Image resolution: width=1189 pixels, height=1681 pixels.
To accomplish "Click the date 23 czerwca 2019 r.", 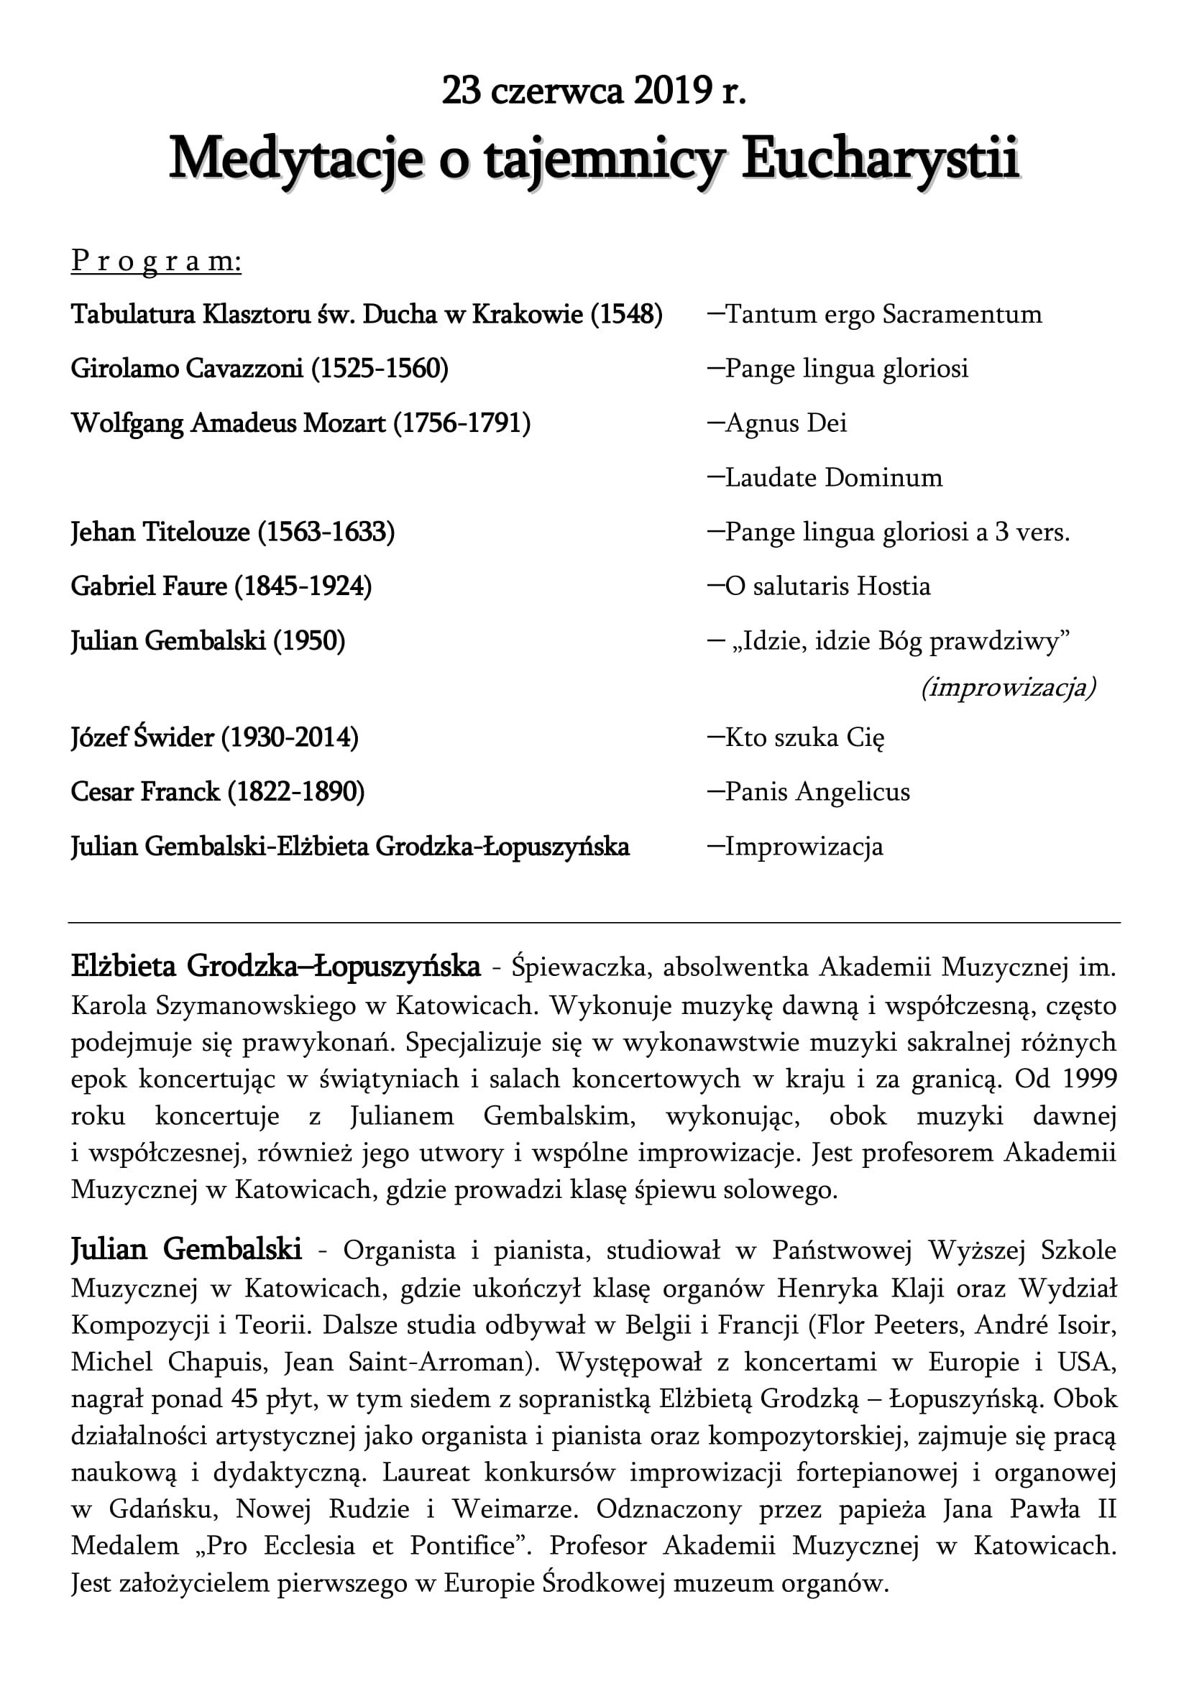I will click(594, 93).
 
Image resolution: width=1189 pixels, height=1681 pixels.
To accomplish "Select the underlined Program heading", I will click(156, 262).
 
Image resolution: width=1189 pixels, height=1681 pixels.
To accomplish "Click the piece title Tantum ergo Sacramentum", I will click(883, 314).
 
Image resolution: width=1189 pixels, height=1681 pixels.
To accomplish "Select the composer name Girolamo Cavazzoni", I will click(187, 368).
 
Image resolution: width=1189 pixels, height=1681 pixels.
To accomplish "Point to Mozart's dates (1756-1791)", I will click(462, 423).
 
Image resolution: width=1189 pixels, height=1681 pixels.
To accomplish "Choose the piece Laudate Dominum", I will click(833, 477).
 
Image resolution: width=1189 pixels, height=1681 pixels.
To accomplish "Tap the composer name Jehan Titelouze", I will click(160, 533).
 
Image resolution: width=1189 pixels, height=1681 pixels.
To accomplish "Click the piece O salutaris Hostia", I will click(827, 586).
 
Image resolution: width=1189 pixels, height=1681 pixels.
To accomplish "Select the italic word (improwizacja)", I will click(1008, 688).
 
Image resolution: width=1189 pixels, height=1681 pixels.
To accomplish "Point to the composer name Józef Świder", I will click(143, 737).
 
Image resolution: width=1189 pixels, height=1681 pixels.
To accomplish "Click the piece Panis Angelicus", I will click(817, 791).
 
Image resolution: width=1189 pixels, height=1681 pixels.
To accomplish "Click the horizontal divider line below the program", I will click(594, 923).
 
